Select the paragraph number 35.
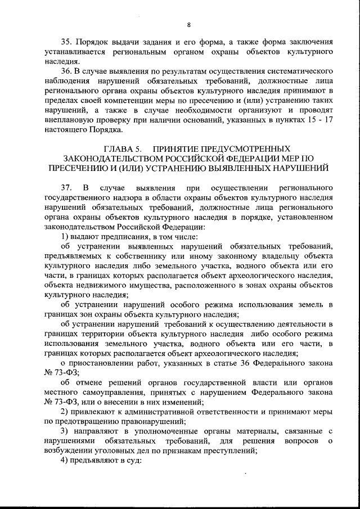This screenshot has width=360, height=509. [x=66, y=42]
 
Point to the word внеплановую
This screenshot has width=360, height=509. [x=67, y=122]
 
